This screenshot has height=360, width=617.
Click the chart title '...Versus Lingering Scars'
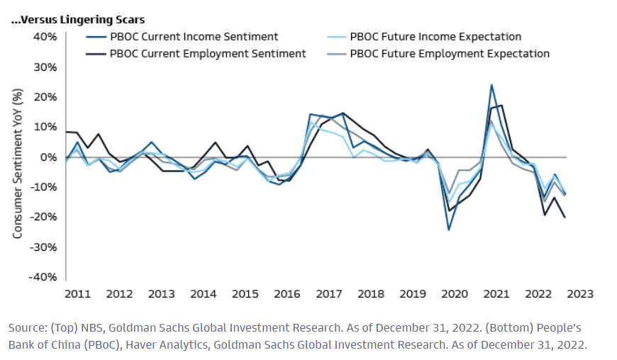tap(78, 20)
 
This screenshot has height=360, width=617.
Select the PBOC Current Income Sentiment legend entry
tap(194, 37)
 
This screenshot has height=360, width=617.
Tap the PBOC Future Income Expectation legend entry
tap(435, 37)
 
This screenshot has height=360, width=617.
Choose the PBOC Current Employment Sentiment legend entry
tap(208, 53)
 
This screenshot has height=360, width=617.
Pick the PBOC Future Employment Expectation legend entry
tap(450, 53)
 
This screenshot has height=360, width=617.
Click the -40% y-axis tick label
tap(43, 277)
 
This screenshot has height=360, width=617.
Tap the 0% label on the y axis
tap(48, 157)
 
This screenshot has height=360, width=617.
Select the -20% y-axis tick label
tap(43, 217)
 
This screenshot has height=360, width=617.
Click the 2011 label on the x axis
tap(77, 293)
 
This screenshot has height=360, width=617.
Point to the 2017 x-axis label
tap(330, 293)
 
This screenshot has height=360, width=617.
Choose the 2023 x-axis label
tap(580, 293)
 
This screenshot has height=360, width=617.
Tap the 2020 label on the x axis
tap(455, 293)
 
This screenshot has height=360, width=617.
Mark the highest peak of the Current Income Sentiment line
tap(491, 85)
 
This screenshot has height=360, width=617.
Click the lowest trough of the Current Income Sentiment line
tap(449, 230)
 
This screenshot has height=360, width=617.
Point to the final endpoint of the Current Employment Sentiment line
tap(565, 218)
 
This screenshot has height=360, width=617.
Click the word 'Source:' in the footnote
tap(27, 329)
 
